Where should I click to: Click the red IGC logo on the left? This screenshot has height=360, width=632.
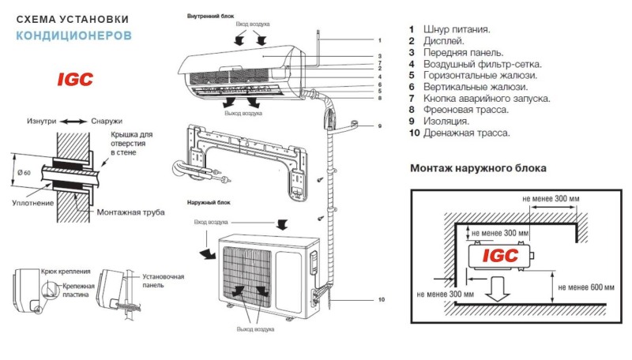tap(75, 79)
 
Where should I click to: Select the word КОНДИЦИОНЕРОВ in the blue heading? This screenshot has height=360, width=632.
tap(74, 36)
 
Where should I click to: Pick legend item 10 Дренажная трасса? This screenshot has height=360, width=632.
tap(459, 133)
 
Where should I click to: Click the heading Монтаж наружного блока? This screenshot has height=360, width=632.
tap(479, 168)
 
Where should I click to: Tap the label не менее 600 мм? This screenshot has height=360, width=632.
tap(585, 287)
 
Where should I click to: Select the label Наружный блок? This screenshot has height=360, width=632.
tap(207, 204)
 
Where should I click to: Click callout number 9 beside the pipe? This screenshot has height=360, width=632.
tap(379, 126)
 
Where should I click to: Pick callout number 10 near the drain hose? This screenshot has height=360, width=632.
tap(380, 300)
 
